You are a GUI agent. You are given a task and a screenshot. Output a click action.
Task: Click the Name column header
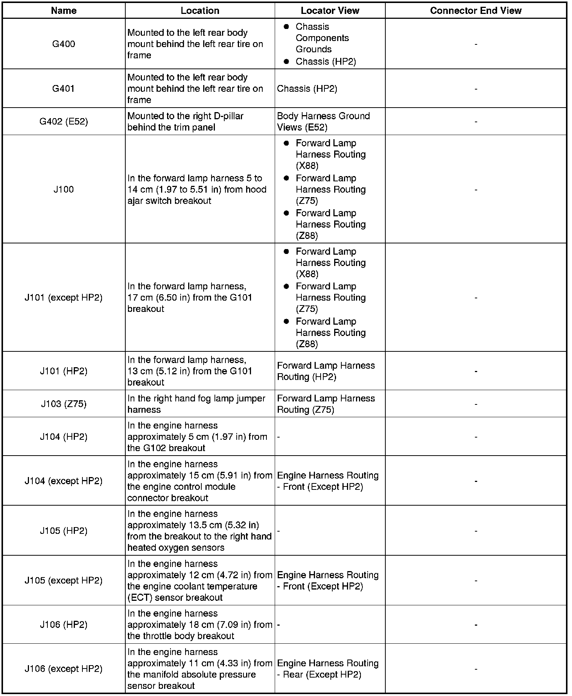(x=64, y=11)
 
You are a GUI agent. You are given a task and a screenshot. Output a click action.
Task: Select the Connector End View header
(x=476, y=11)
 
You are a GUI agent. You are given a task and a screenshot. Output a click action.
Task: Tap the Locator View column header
(x=330, y=11)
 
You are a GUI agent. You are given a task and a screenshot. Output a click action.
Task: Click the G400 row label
(x=64, y=44)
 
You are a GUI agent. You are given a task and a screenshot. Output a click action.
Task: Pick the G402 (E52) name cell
(x=64, y=122)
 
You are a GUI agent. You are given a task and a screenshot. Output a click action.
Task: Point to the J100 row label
(x=64, y=189)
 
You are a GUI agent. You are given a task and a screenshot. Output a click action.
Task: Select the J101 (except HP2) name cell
(x=64, y=298)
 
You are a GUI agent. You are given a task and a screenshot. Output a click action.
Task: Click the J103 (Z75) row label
(x=64, y=404)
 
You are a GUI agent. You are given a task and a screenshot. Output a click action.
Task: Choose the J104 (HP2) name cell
(x=64, y=437)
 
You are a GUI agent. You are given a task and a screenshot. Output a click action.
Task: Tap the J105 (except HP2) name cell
(x=64, y=581)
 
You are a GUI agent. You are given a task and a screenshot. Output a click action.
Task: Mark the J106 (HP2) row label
(x=64, y=625)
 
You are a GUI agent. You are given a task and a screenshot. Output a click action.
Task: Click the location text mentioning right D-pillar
(x=186, y=122)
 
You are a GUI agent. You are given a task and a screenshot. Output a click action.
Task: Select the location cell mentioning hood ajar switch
(x=197, y=189)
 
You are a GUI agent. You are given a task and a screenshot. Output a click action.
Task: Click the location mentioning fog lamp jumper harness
(x=196, y=404)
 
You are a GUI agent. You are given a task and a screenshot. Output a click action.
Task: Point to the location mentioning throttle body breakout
(x=199, y=625)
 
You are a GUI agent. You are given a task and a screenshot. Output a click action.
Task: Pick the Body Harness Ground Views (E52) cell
(x=323, y=122)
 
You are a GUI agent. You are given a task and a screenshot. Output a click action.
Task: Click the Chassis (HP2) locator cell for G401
(x=307, y=89)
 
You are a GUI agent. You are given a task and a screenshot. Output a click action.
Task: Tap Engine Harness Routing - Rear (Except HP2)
(x=327, y=669)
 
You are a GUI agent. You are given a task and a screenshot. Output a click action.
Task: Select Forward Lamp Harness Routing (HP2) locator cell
(x=326, y=371)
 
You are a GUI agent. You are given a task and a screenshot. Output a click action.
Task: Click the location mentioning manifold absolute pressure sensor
(x=199, y=669)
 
